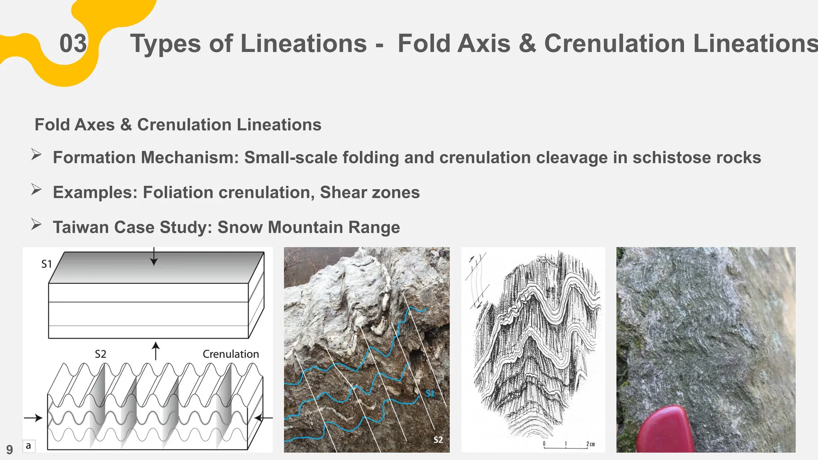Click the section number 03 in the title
(73, 44)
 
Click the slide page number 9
(10, 450)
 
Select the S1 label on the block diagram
(47, 264)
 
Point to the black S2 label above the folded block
(101, 354)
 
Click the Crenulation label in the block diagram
(230, 354)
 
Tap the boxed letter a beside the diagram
(28, 446)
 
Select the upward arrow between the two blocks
(156, 350)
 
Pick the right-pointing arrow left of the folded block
(34, 418)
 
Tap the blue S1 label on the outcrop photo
(430, 394)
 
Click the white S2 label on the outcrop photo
(438, 440)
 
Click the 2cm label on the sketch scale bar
(590, 444)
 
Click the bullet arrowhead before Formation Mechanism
(36, 155)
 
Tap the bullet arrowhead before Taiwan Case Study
(36, 225)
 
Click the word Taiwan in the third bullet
(81, 227)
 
